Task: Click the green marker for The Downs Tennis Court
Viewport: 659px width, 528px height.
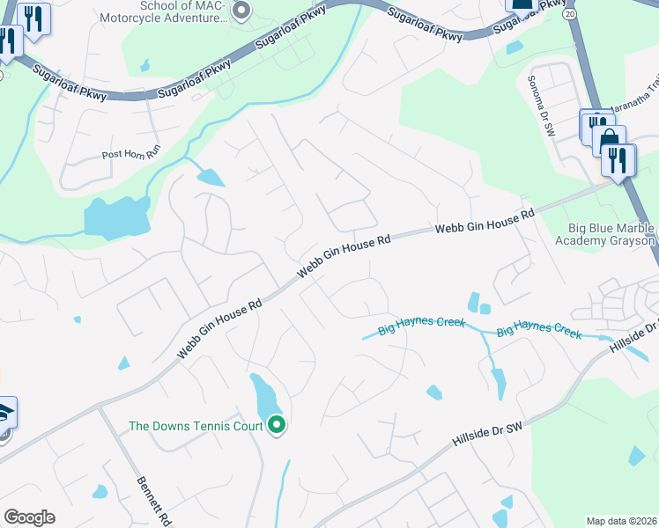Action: pos(277,426)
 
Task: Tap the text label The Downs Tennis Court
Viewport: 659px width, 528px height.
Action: pos(196,426)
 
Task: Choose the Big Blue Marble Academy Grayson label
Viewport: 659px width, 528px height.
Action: pos(605,235)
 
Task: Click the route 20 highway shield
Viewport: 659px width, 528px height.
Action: pos(569,15)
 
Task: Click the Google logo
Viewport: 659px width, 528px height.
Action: pos(29,517)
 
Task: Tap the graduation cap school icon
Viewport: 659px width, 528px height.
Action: pos(4,413)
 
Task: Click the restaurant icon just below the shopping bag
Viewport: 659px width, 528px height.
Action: pos(618,159)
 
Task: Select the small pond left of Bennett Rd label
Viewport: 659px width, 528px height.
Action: pos(100,491)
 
